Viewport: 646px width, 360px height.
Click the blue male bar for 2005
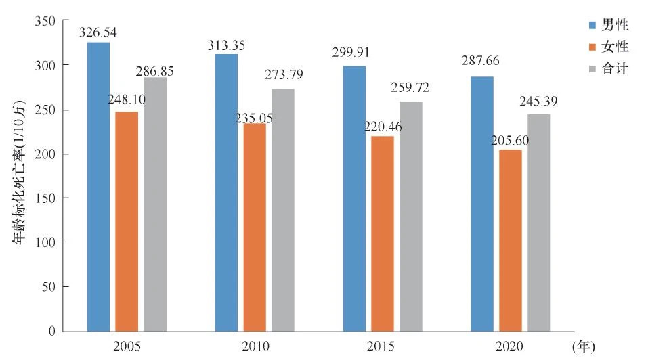pos(98,187)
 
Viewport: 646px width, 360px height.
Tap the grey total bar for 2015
pos(411,217)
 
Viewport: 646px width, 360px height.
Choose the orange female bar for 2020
pos(511,240)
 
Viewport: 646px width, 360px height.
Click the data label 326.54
pos(98,32)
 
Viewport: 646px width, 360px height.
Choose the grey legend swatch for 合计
pos(593,69)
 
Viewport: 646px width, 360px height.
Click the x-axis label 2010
pos(255,347)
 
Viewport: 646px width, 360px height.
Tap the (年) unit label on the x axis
pos(584,347)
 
